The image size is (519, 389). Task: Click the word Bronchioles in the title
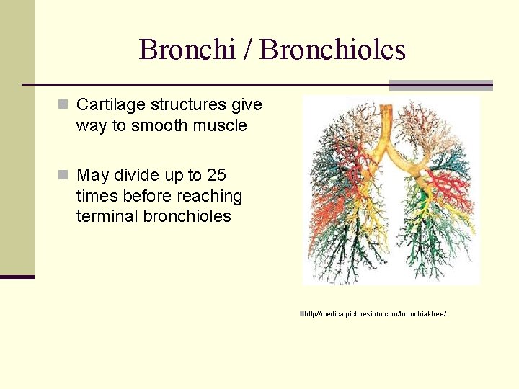(x=333, y=50)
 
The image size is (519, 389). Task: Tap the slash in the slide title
(x=247, y=50)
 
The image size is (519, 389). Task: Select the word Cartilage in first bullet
(x=106, y=105)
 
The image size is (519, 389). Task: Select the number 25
(x=216, y=175)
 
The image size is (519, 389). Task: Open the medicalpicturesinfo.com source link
(x=375, y=314)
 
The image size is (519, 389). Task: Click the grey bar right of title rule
(x=440, y=86)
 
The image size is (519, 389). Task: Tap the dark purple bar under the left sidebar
(x=17, y=277)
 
